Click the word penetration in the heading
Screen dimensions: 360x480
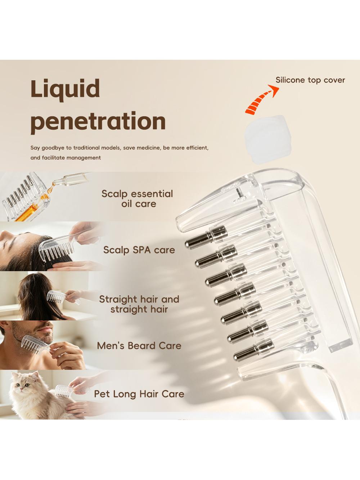tap(98, 122)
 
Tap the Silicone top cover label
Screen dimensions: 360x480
tap(310, 80)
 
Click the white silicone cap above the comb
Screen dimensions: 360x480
tap(268, 139)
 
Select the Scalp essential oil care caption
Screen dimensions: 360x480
tap(137, 198)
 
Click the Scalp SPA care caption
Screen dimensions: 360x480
tap(139, 250)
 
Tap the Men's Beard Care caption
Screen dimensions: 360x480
tap(139, 346)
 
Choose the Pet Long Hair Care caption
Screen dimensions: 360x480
tap(139, 394)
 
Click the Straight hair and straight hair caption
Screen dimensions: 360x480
tap(139, 304)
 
